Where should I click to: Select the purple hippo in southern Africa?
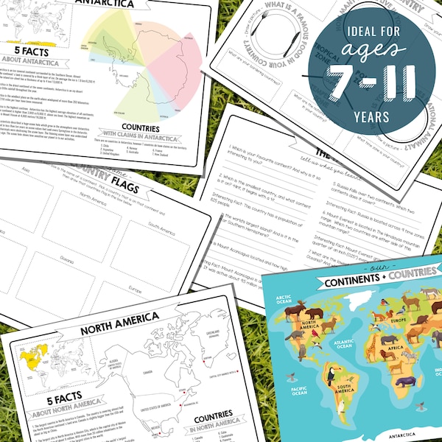(404, 382)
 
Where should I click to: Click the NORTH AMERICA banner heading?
(119, 318)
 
